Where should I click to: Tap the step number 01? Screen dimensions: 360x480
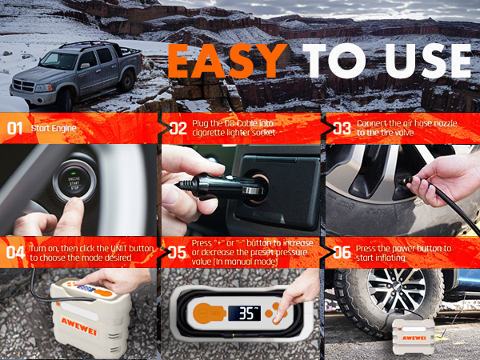click(14, 128)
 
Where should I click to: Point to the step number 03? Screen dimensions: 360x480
click(341, 128)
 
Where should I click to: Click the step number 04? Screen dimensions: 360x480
click(14, 253)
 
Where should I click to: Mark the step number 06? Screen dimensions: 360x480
click(341, 253)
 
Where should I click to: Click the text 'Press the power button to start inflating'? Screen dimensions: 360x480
click(404, 253)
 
